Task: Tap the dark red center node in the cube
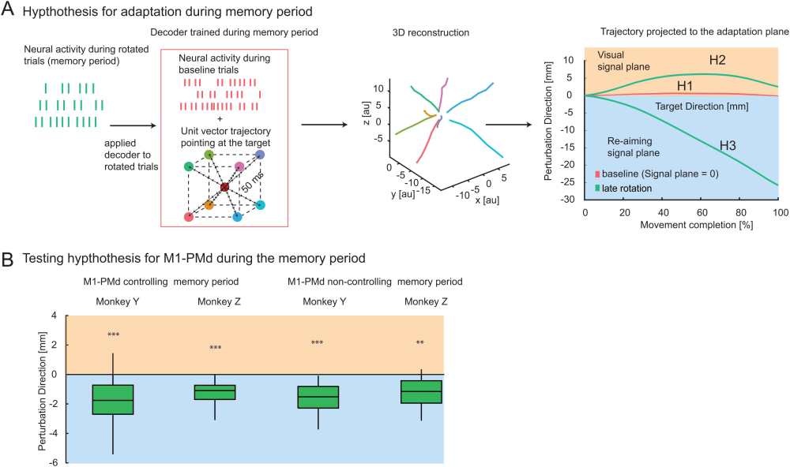pos(224,187)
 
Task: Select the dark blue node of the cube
pos(260,155)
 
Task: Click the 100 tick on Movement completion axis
pos(780,213)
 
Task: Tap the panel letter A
pos(9,11)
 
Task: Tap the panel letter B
pos(9,258)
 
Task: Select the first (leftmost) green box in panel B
pos(113,399)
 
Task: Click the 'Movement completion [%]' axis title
pos(682,226)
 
